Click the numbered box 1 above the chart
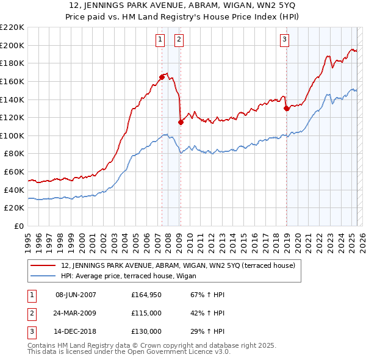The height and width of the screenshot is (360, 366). click(160, 40)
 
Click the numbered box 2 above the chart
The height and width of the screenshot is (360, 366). click(179, 40)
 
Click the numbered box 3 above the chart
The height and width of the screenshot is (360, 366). click(284, 40)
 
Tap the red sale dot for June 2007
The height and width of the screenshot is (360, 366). click(162, 77)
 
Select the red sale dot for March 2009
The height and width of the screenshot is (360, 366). click(181, 122)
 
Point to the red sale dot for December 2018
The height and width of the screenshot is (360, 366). click(286, 109)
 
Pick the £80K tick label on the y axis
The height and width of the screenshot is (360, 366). click(15, 154)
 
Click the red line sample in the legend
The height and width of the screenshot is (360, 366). click(44, 265)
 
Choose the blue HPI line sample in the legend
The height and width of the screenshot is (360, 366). click(44, 275)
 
